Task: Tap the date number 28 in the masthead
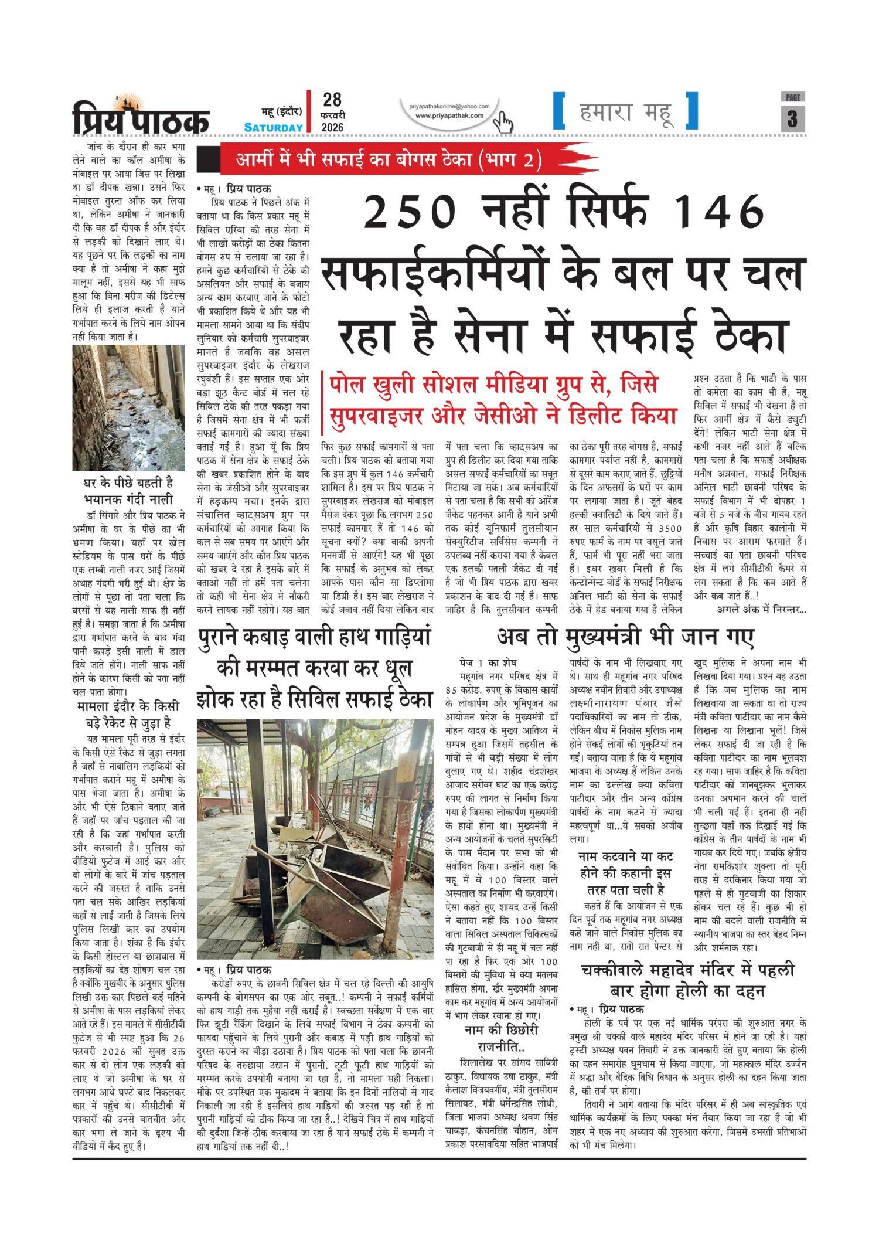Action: (x=332, y=100)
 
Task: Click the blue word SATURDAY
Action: (x=274, y=127)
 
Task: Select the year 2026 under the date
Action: (x=332, y=127)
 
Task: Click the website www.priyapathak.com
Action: (x=449, y=115)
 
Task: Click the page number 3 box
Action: (x=792, y=118)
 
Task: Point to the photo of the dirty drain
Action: (x=128, y=407)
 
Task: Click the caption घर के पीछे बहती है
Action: (x=129, y=484)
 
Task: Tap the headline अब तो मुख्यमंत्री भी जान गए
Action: (x=625, y=636)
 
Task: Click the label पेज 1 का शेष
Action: (x=486, y=663)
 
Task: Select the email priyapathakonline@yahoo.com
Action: (x=449, y=106)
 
